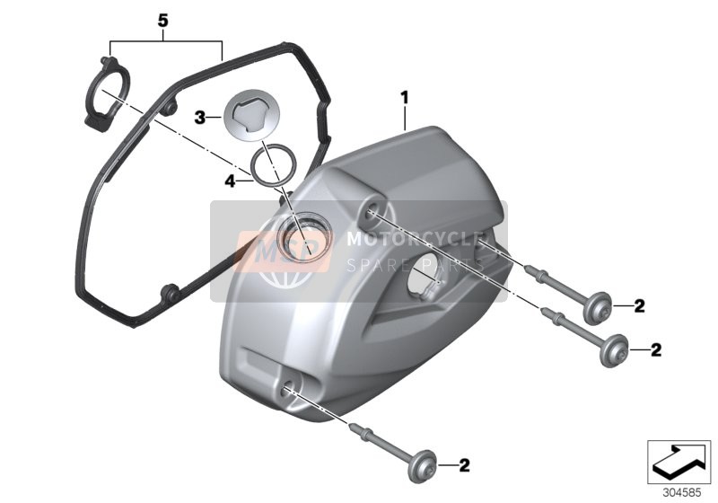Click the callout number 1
(405, 98)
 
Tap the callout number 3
(200, 118)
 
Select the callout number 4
(230, 181)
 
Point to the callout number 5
(163, 21)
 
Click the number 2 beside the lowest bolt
(464, 465)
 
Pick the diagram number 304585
(682, 493)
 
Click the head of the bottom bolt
(420, 465)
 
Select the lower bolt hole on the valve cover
(286, 388)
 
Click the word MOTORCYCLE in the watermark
(416, 239)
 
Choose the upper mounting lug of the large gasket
(171, 108)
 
